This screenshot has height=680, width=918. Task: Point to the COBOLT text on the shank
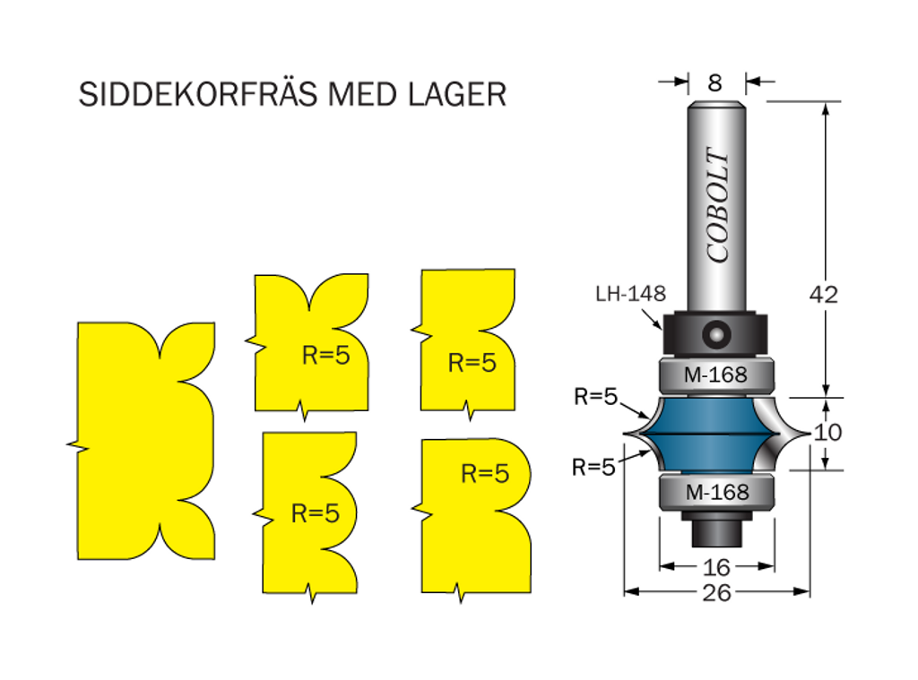coord(718,205)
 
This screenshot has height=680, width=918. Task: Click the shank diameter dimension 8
coord(715,82)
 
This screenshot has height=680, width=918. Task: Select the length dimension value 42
coord(823,294)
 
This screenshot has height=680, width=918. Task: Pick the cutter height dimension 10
coord(828,432)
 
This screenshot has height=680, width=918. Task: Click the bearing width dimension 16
coord(717,566)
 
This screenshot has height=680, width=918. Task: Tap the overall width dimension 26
coord(717,592)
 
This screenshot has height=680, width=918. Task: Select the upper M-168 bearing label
coord(715,375)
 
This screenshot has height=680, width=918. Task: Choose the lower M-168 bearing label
coord(715,492)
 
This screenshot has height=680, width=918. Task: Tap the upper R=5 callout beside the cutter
coord(596,397)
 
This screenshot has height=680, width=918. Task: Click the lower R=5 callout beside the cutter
coord(594,467)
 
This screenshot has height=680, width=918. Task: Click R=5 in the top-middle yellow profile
coord(325,356)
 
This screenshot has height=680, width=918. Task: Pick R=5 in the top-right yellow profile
coord(472,363)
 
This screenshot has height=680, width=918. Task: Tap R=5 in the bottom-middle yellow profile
coord(316,513)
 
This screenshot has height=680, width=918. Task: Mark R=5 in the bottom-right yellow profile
coord(485,474)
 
